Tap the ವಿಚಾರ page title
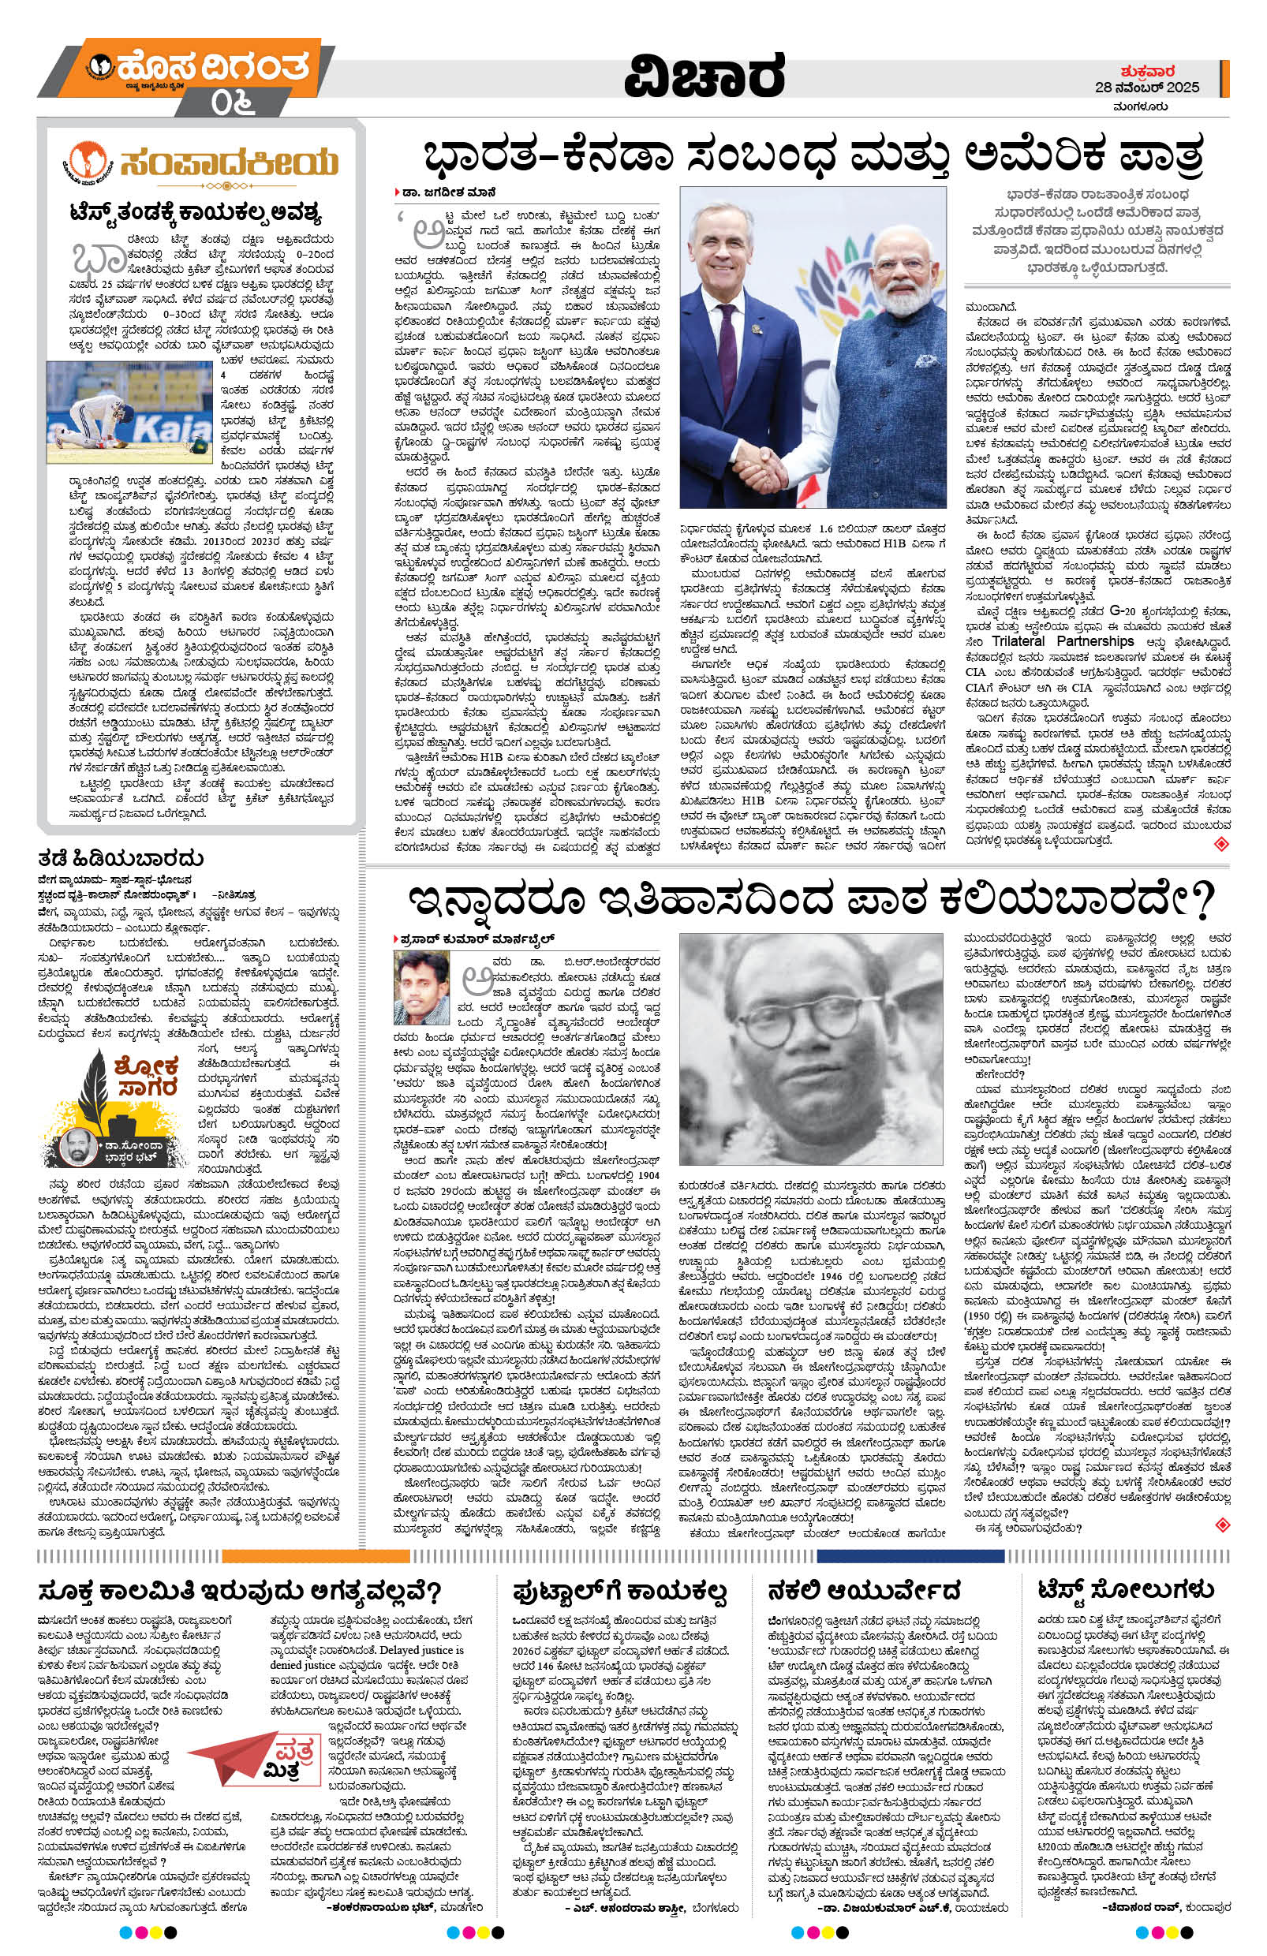[x=703, y=77]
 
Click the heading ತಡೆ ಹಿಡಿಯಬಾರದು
[x=120, y=858]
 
